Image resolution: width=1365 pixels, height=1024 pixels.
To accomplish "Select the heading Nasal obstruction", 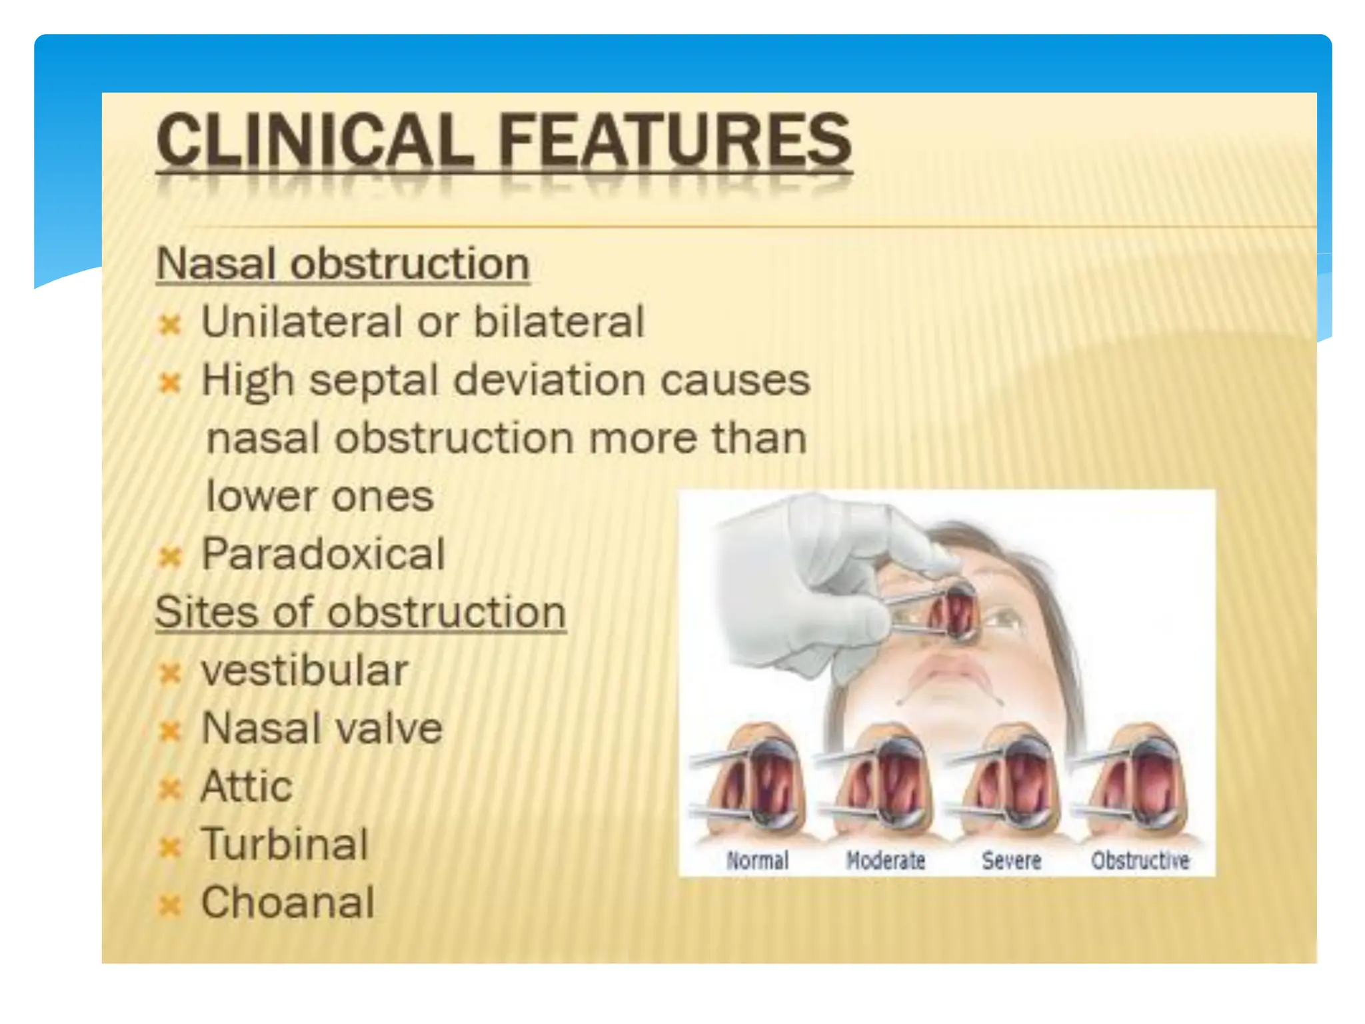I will (x=343, y=264).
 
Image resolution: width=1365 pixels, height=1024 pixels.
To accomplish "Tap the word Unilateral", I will (x=301, y=322).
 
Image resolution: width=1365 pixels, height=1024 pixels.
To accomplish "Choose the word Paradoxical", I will (x=323, y=554).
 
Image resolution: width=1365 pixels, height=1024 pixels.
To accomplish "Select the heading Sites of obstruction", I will (x=361, y=612).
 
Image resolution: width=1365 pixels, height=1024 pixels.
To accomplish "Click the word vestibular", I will (x=305, y=670).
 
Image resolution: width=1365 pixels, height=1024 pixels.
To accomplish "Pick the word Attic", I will (x=247, y=787).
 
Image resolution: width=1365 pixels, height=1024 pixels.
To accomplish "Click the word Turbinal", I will (x=285, y=845).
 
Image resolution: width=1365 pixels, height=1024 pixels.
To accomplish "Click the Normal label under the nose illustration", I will (x=757, y=861).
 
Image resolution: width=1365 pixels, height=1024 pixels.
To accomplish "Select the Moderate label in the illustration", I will (x=885, y=861).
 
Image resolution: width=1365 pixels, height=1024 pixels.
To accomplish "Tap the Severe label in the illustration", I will (x=1011, y=861).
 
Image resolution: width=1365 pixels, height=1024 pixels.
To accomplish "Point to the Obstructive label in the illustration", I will (x=1140, y=861).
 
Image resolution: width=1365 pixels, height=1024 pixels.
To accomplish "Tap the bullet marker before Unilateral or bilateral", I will (x=171, y=326).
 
